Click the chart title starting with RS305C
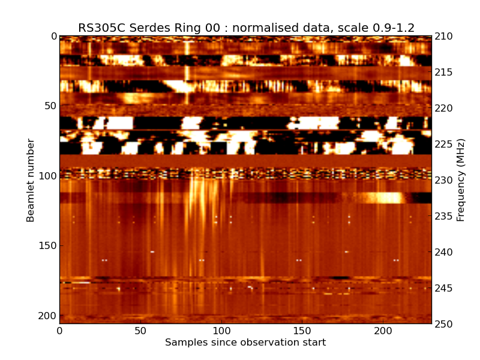coord(246,28)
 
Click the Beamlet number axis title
coord(31,180)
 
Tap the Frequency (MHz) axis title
coord(461,180)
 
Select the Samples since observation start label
coord(245,343)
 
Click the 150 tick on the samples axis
coord(302,331)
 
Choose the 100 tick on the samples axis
coord(221,331)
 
